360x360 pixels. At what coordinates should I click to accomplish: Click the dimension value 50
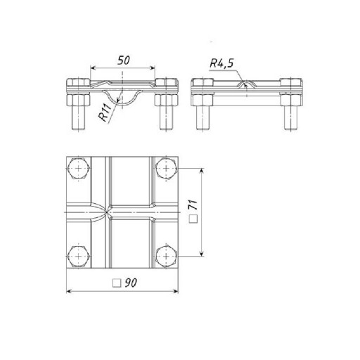(x=124, y=60)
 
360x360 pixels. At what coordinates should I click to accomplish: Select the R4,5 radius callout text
(x=221, y=63)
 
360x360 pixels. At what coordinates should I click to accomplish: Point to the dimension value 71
(x=193, y=205)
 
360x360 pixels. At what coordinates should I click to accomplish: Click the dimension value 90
(x=131, y=283)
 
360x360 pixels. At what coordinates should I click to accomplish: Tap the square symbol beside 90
(x=117, y=283)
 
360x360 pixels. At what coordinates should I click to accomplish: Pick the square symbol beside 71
(x=193, y=219)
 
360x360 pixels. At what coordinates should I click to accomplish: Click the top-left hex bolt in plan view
(x=79, y=169)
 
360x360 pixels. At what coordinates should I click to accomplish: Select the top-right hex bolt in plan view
(x=166, y=169)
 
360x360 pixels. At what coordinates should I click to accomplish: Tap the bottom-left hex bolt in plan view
(x=79, y=256)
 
